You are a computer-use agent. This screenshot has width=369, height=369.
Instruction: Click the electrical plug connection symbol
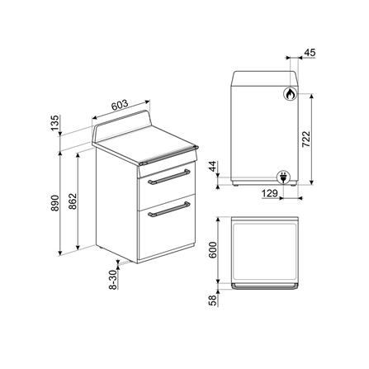pyautogui.click(x=281, y=175)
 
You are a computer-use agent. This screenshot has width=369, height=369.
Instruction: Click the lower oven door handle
pyautogui.click(x=168, y=213)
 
